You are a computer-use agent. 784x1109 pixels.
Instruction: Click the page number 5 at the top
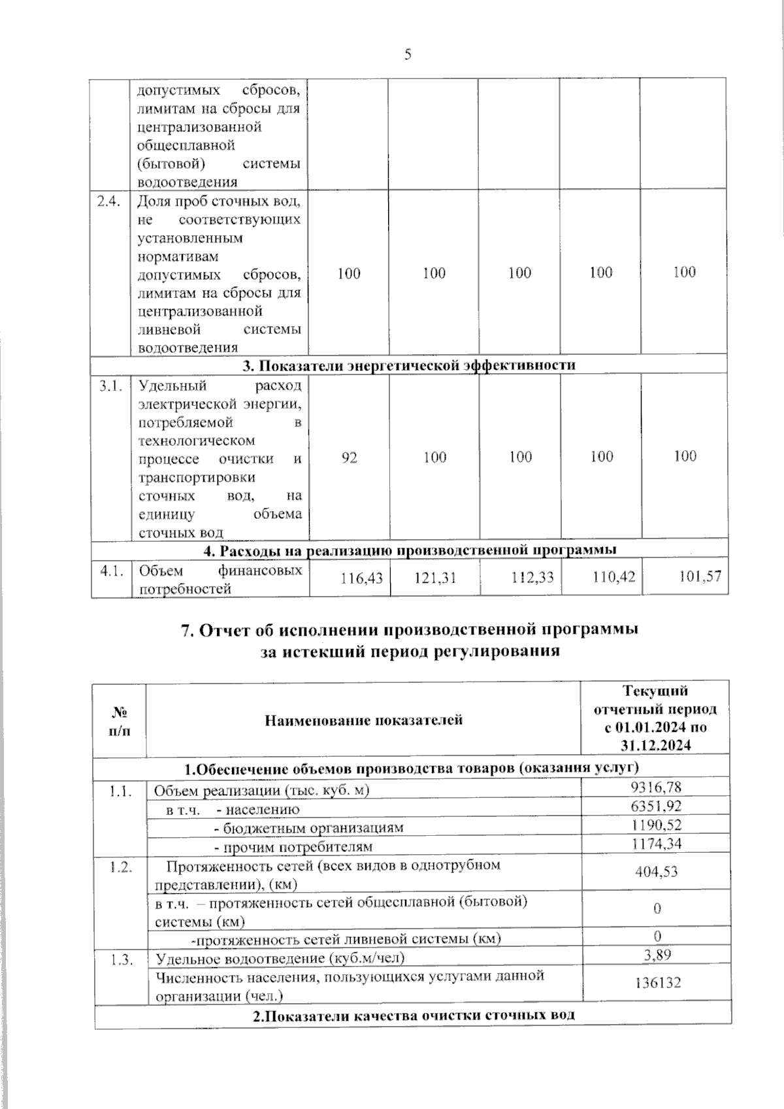click(x=407, y=55)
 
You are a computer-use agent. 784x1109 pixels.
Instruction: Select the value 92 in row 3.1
click(x=349, y=457)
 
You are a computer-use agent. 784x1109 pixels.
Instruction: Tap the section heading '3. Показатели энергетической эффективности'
click(x=409, y=365)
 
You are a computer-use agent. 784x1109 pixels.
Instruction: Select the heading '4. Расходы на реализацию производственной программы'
click(x=410, y=549)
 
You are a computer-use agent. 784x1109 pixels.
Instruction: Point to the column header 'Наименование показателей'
click(x=363, y=720)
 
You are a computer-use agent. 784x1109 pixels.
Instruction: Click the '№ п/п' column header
click(x=119, y=721)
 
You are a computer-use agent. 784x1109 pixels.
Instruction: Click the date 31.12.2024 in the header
click(x=656, y=746)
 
